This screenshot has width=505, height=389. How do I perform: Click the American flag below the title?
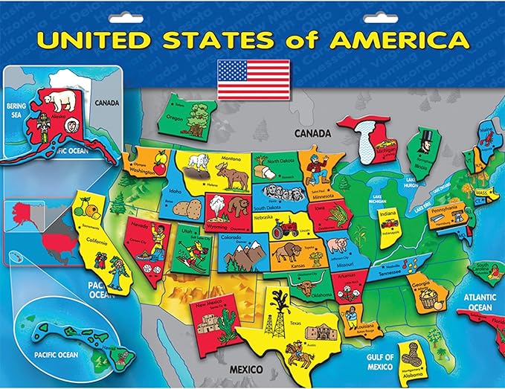pos(253,79)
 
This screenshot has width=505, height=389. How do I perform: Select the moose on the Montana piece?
pos(234,176)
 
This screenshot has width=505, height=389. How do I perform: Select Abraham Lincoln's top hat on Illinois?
pos(427,134)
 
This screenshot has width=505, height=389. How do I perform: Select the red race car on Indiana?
pos(388,223)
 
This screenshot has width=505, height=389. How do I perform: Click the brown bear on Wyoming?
pos(238,206)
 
